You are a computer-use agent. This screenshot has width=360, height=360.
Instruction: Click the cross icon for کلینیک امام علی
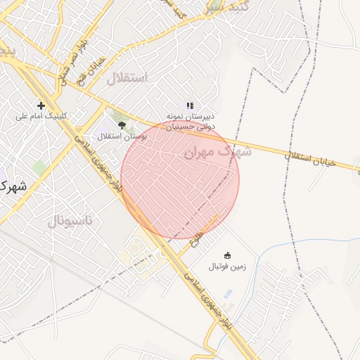[x=41, y=105]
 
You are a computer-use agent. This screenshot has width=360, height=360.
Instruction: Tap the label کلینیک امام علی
[x=41, y=117]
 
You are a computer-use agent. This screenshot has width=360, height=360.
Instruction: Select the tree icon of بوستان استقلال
[x=122, y=124]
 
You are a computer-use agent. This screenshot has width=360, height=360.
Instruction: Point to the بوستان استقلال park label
[x=122, y=136]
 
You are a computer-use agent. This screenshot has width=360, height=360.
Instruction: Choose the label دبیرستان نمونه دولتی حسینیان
[x=191, y=120]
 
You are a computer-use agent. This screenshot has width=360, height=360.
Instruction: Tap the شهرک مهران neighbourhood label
[x=207, y=151]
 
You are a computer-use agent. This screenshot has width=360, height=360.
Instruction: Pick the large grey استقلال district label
[x=127, y=78]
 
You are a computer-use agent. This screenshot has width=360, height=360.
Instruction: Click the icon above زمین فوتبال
[x=227, y=255]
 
